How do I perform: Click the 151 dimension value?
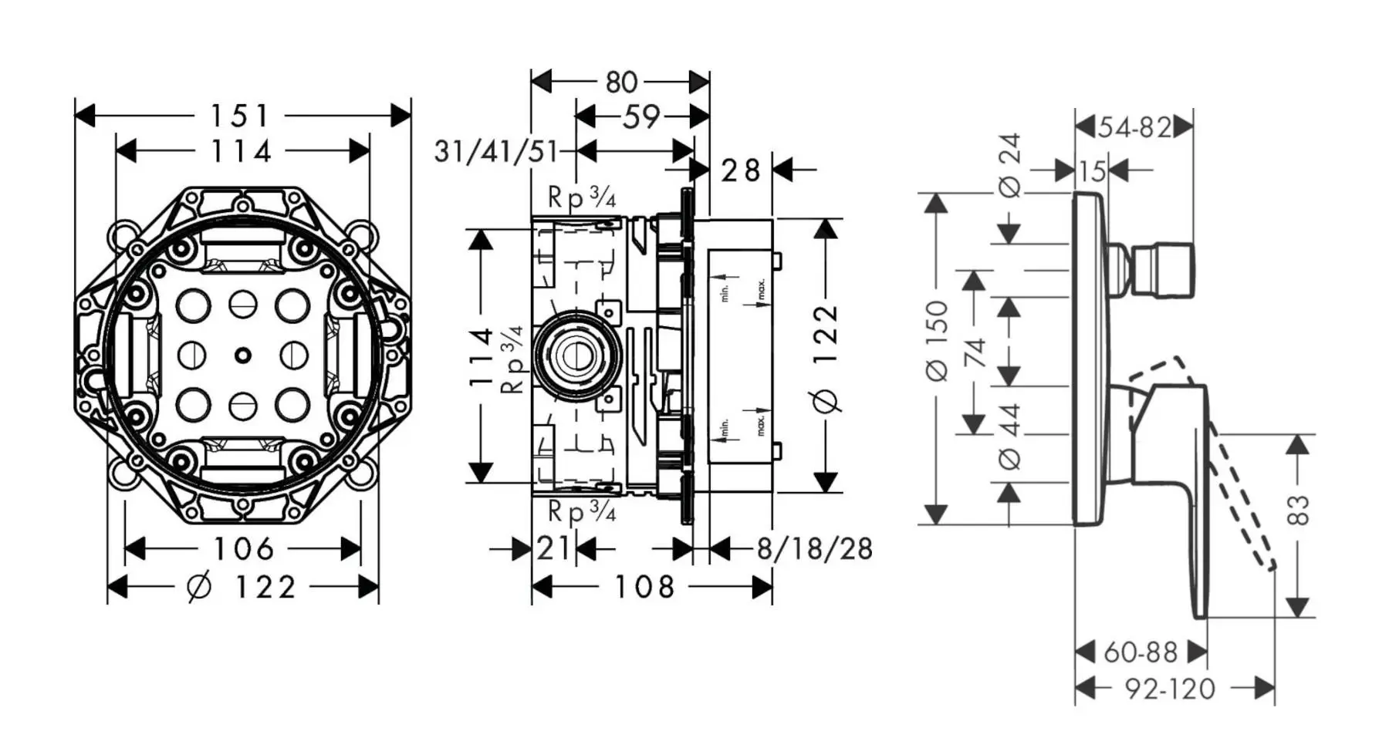click(x=240, y=116)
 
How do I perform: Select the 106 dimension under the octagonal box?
click(x=243, y=549)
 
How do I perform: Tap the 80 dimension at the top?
click(x=621, y=82)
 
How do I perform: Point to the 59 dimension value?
click(x=641, y=117)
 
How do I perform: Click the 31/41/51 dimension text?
click(x=496, y=151)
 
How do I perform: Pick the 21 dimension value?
click(x=553, y=548)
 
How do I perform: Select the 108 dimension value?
click(x=644, y=588)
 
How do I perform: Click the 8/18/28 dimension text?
click(x=814, y=549)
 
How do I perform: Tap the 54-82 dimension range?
click(x=1135, y=127)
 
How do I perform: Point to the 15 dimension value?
click(x=1092, y=171)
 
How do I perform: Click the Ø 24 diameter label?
click(x=1010, y=165)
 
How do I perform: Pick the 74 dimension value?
click(x=975, y=352)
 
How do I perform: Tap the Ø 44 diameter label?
click(x=1010, y=437)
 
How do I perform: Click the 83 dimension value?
click(x=1299, y=511)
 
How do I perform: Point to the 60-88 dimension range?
click(x=1140, y=652)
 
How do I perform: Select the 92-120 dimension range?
click(x=1170, y=688)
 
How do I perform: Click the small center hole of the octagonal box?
click(x=243, y=356)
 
